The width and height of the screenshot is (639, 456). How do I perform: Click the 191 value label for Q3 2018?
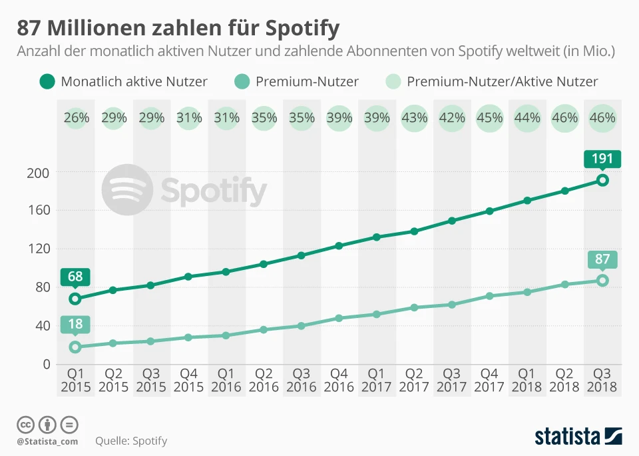point(602,159)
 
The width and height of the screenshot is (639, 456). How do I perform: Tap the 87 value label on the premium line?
point(602,259)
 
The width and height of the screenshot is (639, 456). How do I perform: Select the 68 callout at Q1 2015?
point(75,276)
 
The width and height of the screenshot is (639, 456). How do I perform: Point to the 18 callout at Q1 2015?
point(75,325)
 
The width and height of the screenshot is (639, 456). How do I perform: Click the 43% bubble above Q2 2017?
point(415,119)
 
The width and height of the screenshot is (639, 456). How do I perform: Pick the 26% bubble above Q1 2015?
point(77,119)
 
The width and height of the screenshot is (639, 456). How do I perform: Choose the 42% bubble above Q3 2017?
point(452,119)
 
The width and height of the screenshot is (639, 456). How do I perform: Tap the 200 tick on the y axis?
point(38,172)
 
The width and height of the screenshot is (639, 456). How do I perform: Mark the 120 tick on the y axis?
point(38,249)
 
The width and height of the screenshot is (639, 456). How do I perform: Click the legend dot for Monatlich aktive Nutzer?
point(47,82)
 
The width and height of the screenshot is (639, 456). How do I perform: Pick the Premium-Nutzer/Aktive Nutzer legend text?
point(502,82)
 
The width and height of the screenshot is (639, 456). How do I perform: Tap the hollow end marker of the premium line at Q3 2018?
point(602,281)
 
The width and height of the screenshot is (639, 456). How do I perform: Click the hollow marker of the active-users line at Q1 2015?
point(75,299)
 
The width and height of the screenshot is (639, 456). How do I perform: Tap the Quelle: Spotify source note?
point(131,441)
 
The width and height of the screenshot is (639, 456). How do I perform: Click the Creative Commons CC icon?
point(25,425)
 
